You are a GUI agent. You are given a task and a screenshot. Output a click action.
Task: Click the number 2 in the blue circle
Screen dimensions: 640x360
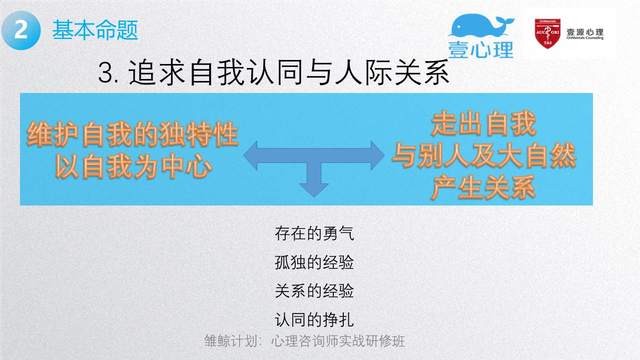tap(21, 30)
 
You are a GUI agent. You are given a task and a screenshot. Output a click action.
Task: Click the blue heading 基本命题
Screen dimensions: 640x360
tap(95, 29)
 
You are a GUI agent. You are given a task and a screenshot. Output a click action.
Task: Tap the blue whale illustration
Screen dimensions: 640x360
tap(481, 25)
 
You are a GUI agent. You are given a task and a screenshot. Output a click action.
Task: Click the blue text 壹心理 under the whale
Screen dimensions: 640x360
tap(481, 49)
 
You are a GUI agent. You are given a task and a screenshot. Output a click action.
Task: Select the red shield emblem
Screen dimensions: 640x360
tap(547, 33)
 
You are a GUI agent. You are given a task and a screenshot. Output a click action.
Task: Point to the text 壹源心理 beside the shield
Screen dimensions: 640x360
tap(585, 32)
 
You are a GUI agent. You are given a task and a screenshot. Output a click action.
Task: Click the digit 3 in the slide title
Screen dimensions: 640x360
tap(106, 72)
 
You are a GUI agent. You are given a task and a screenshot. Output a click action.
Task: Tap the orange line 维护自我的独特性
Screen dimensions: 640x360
tap(133, 134)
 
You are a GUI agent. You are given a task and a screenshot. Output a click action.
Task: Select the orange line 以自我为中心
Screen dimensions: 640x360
tap(134, 165)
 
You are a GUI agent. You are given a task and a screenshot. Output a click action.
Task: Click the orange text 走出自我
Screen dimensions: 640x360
tap(483, 123)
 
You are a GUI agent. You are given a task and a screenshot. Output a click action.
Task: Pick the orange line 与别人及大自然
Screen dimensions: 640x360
tap(483, 155)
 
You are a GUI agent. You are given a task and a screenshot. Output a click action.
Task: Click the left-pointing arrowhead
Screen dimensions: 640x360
tap(251, 155)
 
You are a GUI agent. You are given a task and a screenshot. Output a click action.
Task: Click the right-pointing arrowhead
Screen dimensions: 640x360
tap(377, 155)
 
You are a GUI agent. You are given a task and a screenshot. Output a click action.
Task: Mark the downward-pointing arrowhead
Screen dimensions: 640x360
tap(314, 190)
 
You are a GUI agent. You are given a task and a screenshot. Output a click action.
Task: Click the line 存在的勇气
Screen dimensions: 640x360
tap(314, 233)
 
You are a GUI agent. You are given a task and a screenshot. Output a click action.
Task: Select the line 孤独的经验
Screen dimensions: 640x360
tap(314, 262)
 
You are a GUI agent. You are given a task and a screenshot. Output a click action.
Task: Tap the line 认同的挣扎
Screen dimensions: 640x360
tap(314, 319)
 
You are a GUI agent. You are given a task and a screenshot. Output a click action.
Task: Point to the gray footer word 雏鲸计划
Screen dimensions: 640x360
tap(231, 341)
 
